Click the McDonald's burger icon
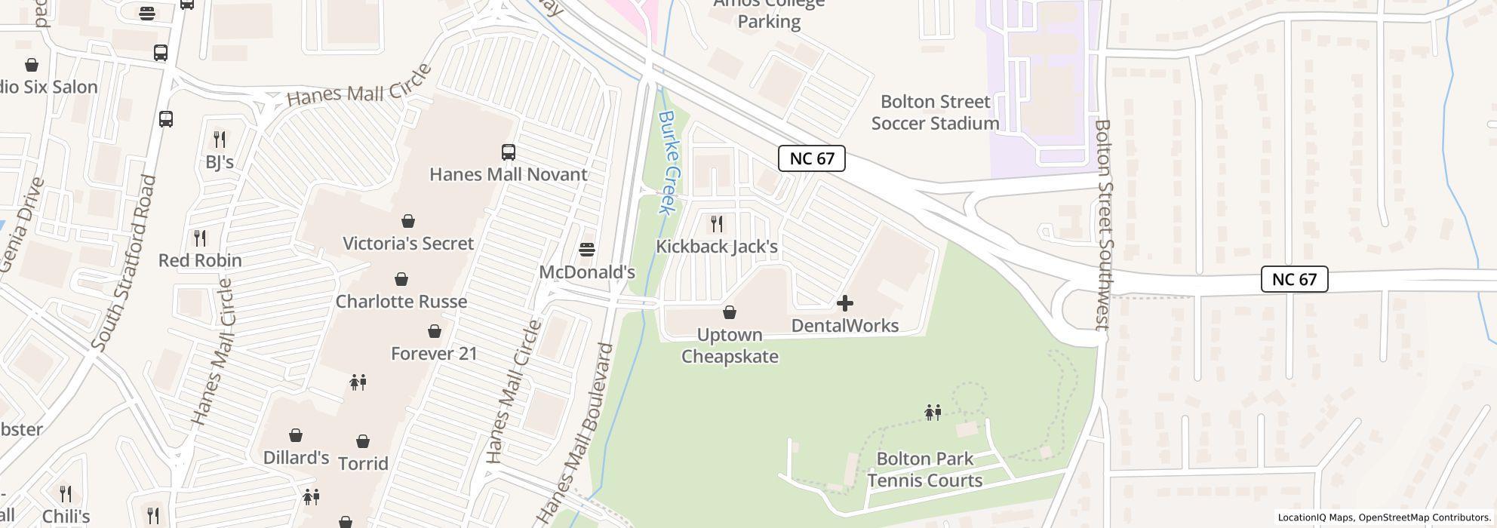[587, 250]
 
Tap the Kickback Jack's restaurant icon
[717, 224]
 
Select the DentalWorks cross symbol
[845, 303]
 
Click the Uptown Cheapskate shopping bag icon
[730, 312]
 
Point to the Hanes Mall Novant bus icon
[509, 152]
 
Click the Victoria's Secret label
[408, 244]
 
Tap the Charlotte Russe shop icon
[401, 279]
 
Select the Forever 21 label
[434, 353]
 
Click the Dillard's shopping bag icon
[296, 435]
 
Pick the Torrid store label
[363, 463]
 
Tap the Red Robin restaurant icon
[200, 238]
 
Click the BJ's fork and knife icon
[220, 140]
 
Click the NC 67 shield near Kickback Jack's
[811, 158]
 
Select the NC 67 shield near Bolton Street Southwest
[1294, 279]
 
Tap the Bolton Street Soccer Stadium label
[935, 112]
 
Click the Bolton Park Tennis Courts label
[924, 469]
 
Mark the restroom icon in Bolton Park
[933, 413]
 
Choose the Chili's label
[66, 517]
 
